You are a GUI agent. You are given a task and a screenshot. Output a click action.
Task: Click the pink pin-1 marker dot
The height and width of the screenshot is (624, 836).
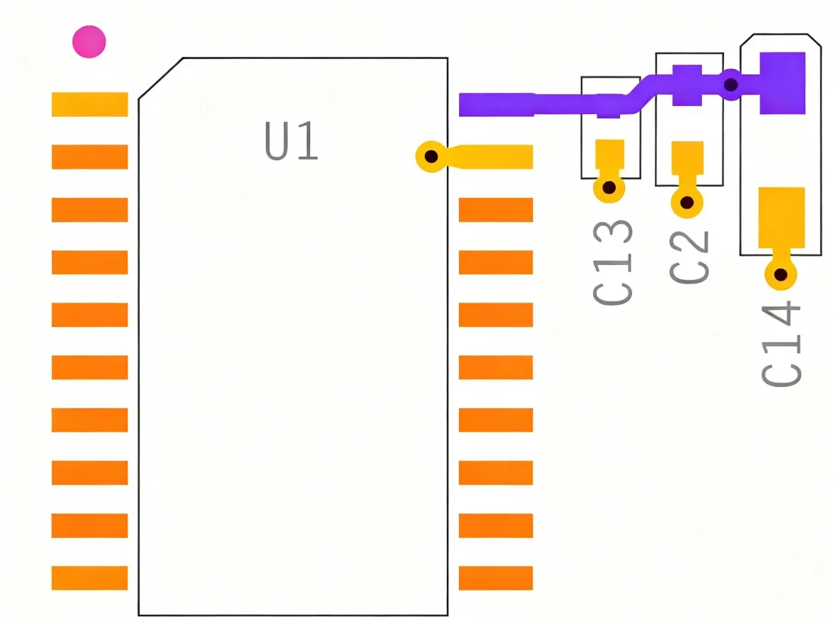point(89,42)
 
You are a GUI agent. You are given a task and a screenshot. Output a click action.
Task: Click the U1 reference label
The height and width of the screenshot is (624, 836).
point(291,142)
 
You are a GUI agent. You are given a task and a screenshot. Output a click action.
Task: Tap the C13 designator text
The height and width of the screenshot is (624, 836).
point(613,263)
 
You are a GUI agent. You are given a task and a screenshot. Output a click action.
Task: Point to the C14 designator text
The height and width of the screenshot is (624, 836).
point(782,344)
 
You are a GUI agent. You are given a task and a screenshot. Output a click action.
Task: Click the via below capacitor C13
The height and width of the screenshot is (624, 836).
point(609,188)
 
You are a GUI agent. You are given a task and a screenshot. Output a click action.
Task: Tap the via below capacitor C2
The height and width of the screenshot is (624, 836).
point(686,202)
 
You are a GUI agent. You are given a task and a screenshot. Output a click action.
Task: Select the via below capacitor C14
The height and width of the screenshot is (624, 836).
point(780,274)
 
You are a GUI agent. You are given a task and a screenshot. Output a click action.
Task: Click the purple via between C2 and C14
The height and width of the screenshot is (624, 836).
point(731,85)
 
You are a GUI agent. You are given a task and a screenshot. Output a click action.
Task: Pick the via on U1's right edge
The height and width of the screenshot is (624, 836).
point(430,156)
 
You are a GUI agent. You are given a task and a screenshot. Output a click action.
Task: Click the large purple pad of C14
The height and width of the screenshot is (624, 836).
point(782,83)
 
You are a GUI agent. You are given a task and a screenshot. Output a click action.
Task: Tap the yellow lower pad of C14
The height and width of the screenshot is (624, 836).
point(781,217)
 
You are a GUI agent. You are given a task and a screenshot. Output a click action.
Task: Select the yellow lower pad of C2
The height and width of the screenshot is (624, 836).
point(687,158)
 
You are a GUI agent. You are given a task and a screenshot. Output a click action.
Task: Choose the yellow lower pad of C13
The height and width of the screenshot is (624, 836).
point(609,154)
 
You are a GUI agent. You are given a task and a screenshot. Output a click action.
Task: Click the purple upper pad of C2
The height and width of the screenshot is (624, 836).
point(687,85)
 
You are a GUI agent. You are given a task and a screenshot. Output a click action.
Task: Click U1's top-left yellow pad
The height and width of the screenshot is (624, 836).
point(90,105)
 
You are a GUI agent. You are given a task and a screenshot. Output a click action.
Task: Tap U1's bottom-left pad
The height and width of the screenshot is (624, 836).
point(90,578)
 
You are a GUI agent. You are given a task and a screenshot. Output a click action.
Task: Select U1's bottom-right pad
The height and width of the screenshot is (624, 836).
point(496,578)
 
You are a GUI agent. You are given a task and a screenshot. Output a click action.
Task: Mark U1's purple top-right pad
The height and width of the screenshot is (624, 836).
point(496,105)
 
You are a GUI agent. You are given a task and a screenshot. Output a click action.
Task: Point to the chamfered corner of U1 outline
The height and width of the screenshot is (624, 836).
point(160,78)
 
